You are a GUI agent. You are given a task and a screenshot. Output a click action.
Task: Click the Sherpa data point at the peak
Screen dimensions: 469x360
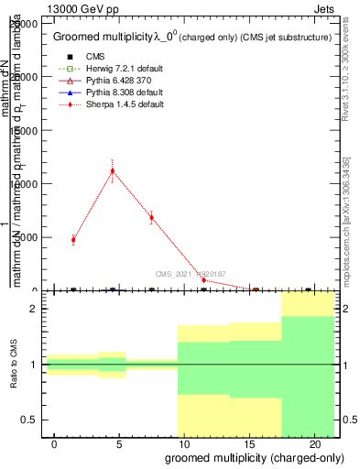pyautogui.click(x=113, y=170)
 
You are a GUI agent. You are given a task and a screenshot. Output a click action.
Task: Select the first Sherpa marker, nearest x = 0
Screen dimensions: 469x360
pyautogui.click(x=73, y=240)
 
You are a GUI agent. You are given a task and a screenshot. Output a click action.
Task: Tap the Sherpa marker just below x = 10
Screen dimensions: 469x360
pyautogui.click(x=152, y=218)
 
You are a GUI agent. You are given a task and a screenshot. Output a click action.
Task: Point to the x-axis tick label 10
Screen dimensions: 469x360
pyautogui.click(x=184, y=443)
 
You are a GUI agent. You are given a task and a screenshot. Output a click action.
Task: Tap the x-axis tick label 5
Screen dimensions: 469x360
pyautogui.click(x=119, y=443)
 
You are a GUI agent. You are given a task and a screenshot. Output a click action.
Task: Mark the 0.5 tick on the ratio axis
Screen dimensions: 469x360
pyautogui.click(x=34, y=420)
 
